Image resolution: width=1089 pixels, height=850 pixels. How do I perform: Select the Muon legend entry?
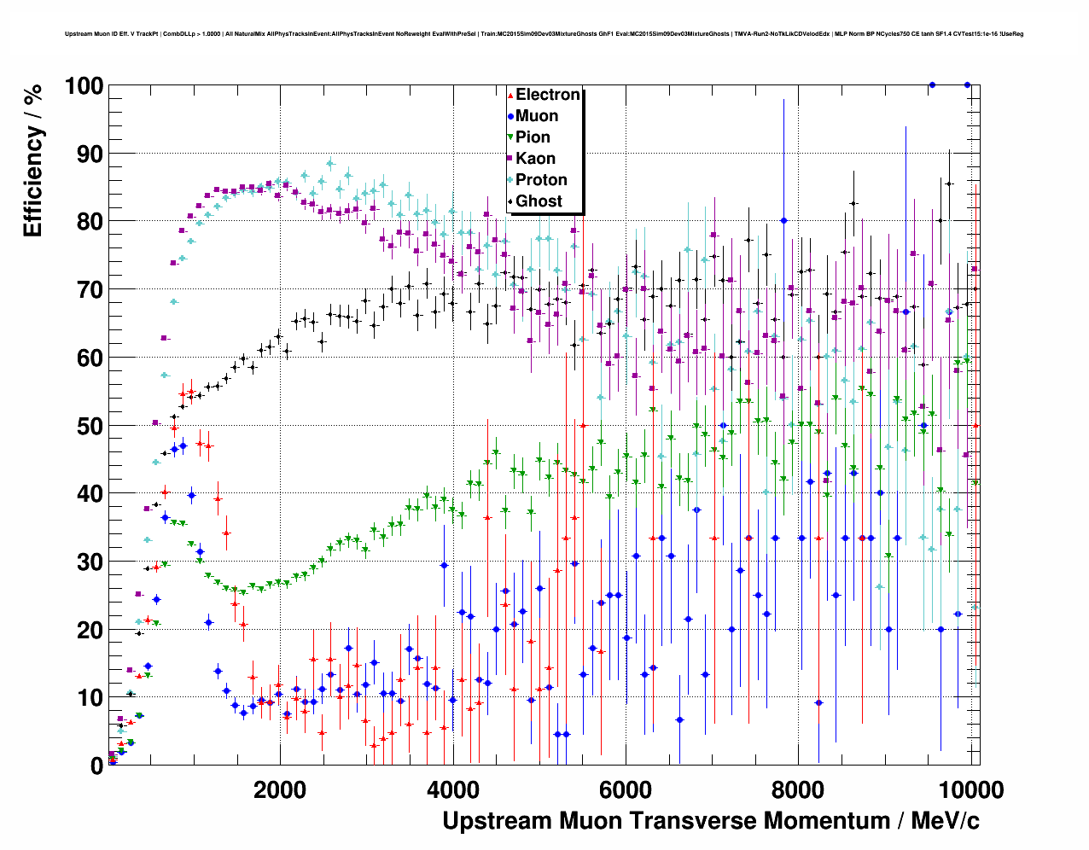pos(536,116)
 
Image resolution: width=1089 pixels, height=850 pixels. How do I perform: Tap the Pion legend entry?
pos(533,137)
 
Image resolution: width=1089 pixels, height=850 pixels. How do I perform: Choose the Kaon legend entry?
pos(535,159)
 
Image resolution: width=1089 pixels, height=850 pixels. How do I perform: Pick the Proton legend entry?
pos(541,180)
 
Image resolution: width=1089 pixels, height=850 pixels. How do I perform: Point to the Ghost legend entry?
pos(539,201)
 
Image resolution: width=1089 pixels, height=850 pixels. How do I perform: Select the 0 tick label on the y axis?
pos(96,766)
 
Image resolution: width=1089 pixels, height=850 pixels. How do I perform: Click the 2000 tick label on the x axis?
pos(280,789)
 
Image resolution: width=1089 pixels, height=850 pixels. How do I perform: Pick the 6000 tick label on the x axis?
pos(626,789)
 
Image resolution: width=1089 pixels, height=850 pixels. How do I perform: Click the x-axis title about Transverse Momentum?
pos(710,821)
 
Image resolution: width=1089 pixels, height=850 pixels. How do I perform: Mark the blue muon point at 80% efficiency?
pos(783,220)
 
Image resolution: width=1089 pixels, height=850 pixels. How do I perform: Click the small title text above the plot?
pos(544,34)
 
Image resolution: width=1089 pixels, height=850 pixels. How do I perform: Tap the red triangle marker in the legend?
pos(510,96)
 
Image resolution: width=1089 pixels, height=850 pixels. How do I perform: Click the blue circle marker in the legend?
pos(510,117)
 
